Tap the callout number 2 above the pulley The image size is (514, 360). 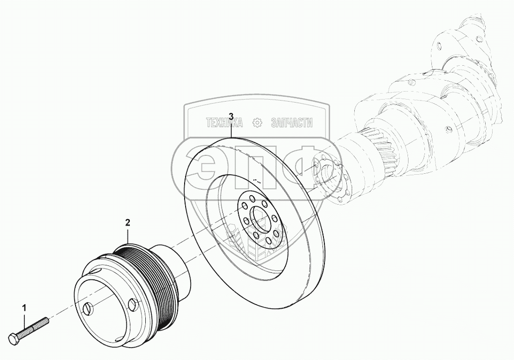coord(128,222)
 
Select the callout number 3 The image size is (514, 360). coord(231,117)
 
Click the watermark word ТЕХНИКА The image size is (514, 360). coord(223,123)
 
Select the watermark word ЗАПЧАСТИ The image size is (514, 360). coord(292,123)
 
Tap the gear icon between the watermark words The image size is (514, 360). coord(257,123)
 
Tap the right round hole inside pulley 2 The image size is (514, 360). coord(132,304)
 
